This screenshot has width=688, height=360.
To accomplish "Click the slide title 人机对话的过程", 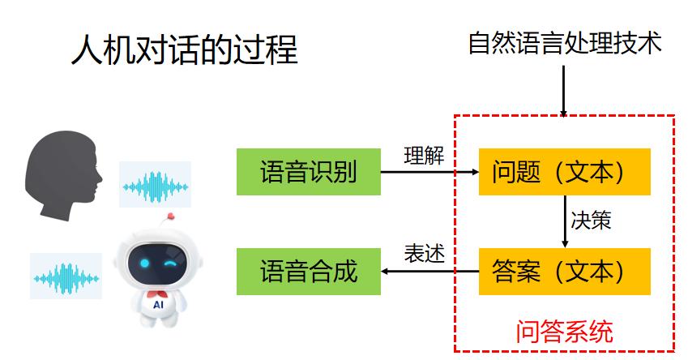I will point(184,50).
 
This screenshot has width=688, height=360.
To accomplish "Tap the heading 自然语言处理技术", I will point(565,42).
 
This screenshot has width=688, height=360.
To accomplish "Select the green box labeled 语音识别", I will point(308,172).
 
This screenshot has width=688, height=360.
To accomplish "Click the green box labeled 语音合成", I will point(308,271).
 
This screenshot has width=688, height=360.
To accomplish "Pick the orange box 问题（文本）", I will point(564,172).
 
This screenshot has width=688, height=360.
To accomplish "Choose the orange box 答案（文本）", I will point(564,271).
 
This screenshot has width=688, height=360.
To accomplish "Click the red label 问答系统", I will point(564,331).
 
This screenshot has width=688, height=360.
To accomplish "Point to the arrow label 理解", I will point(423,155).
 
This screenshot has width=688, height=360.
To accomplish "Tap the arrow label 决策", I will point(590,221).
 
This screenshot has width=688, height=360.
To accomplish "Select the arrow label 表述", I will point(424,254).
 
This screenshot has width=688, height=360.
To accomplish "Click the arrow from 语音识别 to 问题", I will point(429,172).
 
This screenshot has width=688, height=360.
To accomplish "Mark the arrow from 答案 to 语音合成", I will point(429,272).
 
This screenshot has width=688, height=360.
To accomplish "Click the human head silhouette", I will point(62,174).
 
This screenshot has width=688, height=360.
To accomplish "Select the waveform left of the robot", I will point(66,277).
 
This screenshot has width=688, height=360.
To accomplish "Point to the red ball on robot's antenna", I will point(170,216).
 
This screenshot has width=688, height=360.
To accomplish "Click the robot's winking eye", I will point(171,263).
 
